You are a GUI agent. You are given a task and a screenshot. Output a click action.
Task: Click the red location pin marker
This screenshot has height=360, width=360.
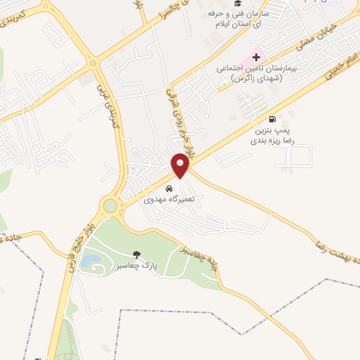[x=181, y=166]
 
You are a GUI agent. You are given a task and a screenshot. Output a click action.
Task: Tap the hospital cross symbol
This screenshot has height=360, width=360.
[x=256, y=56]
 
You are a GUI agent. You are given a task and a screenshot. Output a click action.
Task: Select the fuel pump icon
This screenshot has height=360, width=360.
[x=273, y=120]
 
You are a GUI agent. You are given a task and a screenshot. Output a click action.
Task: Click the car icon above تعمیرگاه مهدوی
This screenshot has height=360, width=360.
[x=169, y=188]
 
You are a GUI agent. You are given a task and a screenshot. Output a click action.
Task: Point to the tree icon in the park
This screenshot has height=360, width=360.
[x=136, y=254]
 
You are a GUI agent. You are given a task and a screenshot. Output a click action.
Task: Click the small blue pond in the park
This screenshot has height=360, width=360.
[x=89, y=262]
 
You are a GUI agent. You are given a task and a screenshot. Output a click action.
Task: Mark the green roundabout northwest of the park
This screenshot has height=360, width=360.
[x=110, y=206]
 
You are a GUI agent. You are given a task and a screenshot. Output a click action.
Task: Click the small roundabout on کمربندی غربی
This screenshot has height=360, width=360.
[x=93, y=63]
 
